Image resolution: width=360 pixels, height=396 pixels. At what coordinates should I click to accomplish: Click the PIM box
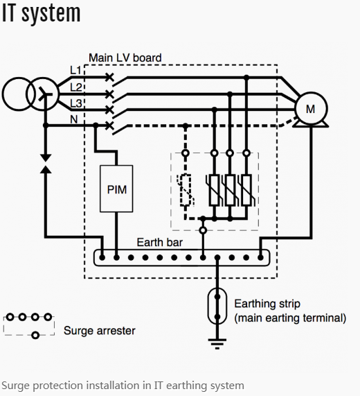tap(116, 189)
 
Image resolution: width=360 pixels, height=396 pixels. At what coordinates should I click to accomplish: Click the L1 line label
tap(75, 71)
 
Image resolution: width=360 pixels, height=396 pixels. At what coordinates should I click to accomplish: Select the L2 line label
tap(76, 87)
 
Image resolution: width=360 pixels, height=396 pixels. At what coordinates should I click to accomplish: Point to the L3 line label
tap(76, 103)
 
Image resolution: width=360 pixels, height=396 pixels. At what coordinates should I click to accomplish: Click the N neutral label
tap(74, 119)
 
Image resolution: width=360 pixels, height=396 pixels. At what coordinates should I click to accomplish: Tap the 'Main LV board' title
tap(125, 58)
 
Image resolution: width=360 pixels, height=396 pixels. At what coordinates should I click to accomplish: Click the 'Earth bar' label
tap(160, 243)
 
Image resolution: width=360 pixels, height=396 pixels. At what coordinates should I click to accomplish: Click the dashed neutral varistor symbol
tap(186, 190)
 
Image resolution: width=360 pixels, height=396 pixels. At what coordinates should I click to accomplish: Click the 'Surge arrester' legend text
tap(100, 331)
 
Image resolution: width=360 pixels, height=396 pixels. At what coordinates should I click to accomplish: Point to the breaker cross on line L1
tap(109, 77)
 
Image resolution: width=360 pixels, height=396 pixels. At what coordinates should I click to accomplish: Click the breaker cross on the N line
tap(109, 126)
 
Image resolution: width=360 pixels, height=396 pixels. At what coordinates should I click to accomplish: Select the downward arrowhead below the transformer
tap(46, 157)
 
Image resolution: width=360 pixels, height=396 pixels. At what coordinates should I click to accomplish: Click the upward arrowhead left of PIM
tap(46, 169)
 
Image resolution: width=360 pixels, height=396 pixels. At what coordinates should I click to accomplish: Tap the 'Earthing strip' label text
tap(267, 304)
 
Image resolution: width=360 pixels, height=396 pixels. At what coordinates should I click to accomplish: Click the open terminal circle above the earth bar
tap(203, 230)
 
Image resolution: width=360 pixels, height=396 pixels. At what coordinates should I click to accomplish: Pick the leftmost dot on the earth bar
tap(102, 257)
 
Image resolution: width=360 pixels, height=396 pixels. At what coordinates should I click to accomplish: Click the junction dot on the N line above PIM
tap(96, 125)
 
